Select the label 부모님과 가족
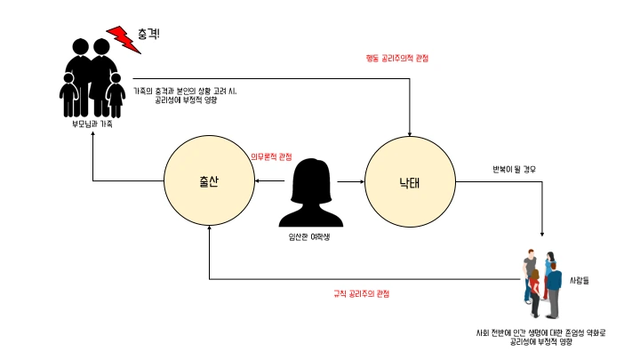92,124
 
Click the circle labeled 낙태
410,181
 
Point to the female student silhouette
308,193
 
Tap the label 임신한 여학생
308,236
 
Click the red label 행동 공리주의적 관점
396,59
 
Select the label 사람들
580,281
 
